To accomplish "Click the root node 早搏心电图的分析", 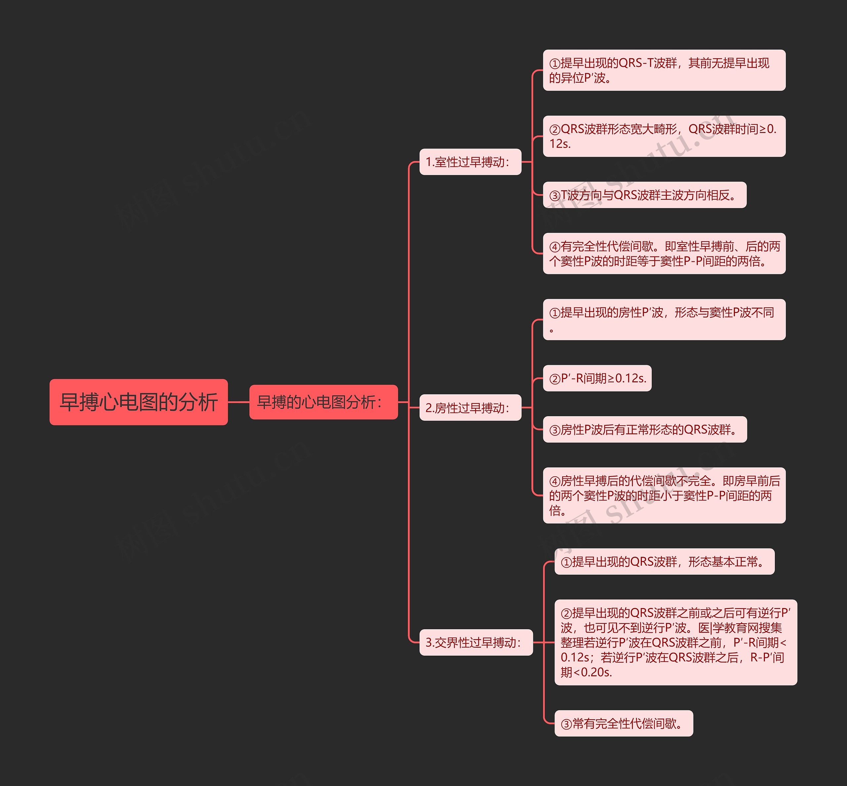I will (x=139, y=402).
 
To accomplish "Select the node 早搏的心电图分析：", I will (x=323, y=402).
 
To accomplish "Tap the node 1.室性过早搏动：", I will (x=470, y=162).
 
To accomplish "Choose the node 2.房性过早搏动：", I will (x=470, y=408).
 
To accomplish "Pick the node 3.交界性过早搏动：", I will (x=476, y=642).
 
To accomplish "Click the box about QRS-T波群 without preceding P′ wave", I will (x=664, y=70).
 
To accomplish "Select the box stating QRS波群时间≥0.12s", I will (x=664, y=136).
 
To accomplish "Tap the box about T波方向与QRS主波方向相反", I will (x=645, y=195).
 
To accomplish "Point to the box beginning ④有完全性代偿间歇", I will (x=664, y=253).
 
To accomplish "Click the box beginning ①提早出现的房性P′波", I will (x=664, y=320).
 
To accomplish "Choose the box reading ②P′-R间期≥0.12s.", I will (x=597, y=378).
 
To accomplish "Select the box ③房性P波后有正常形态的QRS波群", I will (x=645, y=430).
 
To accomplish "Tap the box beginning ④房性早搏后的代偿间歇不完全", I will (x=664, y=495).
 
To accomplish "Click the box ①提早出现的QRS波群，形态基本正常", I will (x=664, y=561).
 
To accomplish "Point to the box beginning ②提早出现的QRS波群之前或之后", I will (x=676, y=642).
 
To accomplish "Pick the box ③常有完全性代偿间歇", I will (x=624, y=723).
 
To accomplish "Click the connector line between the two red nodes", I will (x=239, y=402).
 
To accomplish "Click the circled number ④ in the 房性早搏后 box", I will (x=555, y=481).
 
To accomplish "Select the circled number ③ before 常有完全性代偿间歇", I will (x=566, y=724).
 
